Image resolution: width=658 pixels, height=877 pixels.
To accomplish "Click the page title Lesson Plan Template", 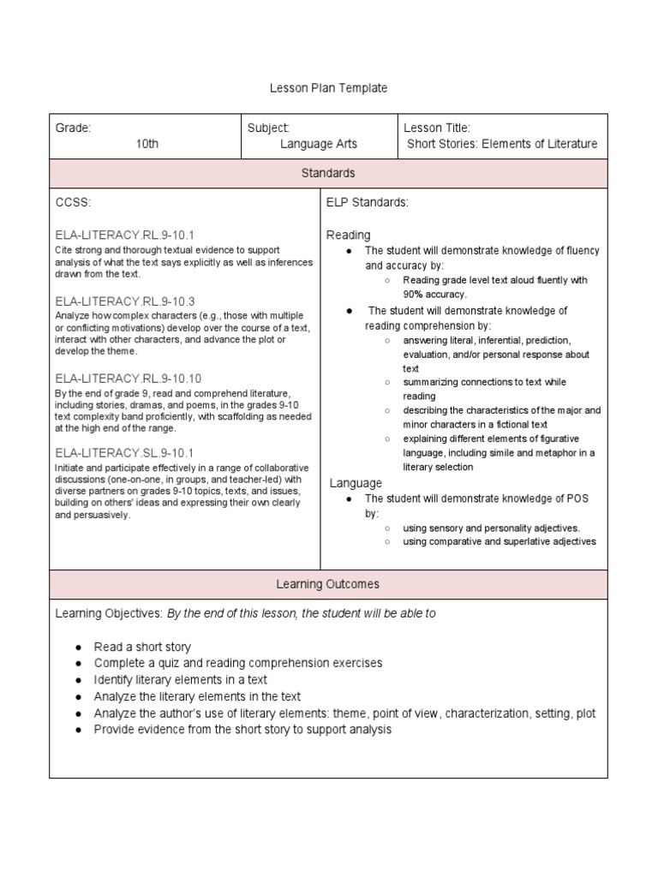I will [x=328, y=88].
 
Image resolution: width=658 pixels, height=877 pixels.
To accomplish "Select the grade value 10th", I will [x=147, y=144].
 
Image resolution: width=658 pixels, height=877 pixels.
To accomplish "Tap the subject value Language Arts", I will [x=319, y=144].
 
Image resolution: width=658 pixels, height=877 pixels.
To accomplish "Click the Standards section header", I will [x=328, y=173].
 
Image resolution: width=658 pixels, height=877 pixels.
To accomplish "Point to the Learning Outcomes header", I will [x=328, y=584].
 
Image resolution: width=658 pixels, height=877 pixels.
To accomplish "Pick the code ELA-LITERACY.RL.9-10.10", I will [x=129, y=378].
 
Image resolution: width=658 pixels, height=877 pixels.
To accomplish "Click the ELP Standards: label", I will [x=368, y=202].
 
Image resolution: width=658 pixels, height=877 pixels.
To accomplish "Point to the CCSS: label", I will [x=73, y=202].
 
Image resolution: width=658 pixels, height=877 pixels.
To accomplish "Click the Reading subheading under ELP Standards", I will [x=349, y=235].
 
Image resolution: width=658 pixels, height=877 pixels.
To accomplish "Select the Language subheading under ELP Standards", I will [x=356, y=484].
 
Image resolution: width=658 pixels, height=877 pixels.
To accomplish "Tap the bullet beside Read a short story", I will [x=78, y=647].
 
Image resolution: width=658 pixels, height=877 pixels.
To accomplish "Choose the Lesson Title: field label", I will [x=437, y=128].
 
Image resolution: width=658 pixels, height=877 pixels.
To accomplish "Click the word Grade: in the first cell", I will [x=74, y=128].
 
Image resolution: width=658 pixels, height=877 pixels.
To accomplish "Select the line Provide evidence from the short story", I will [x=242, y=730].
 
